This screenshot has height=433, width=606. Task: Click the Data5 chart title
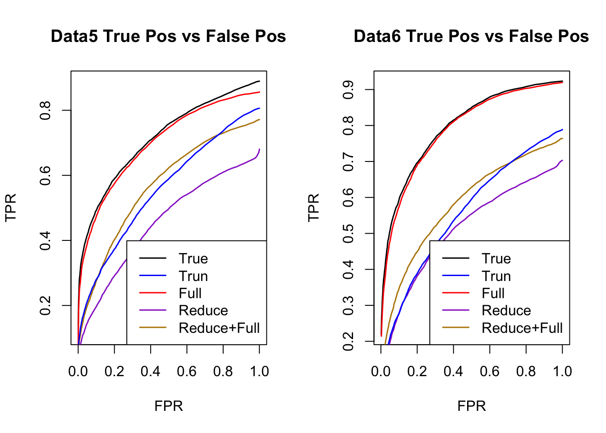(x=168, y=37)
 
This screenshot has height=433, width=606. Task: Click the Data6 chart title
(x=471, y=37)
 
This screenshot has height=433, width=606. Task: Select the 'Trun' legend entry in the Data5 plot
(x=193, y=276)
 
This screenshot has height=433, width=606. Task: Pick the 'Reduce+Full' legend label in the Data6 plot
(x=522, y=328)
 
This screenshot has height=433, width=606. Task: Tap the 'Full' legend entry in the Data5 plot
(x=190, y=293)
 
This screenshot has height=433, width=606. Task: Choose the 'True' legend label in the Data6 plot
(x=496, y=258)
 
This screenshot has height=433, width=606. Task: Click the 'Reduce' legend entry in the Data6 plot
(x=506, y=311)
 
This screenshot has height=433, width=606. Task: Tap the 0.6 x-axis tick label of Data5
(x=187, y=371)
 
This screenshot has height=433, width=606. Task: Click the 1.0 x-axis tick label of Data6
(x=562, y=371)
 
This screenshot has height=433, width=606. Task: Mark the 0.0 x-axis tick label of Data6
(x=381, y=371)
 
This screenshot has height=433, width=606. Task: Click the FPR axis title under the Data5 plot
(x=169, y=406)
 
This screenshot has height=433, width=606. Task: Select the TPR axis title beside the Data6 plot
(x=313, y=207)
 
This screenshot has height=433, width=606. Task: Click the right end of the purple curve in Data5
(x=259, y=149)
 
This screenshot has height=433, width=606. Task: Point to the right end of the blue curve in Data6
(x=562, y=130)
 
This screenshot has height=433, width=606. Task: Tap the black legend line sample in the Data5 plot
(x=153, y=258)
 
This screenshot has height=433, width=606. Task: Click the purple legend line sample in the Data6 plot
(x=456, y=311)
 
